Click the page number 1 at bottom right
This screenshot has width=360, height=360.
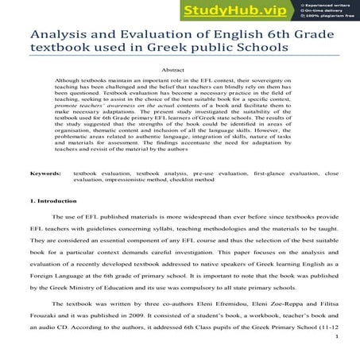coord(337,338)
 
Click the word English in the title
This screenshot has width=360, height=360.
coord(232,36)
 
